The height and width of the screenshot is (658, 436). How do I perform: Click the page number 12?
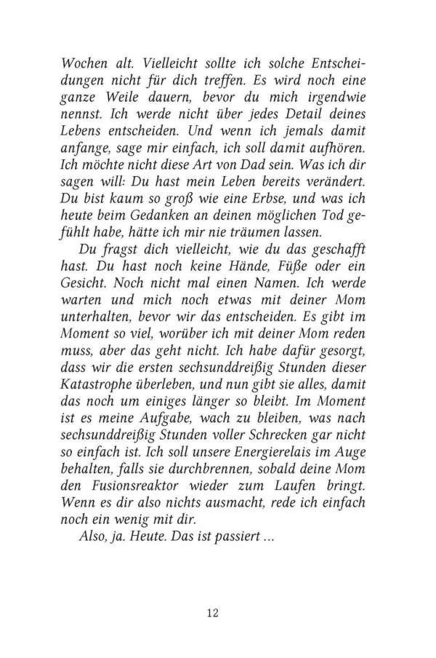[212, 612]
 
